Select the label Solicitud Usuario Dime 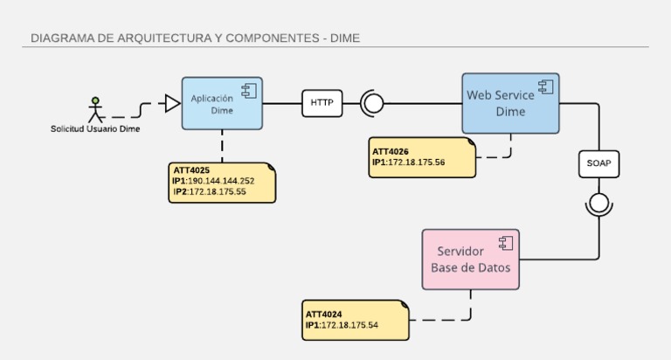95,129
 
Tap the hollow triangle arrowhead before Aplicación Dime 172,104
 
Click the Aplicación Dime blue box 221,103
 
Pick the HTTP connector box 322,103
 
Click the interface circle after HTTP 373,104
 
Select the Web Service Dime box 510,103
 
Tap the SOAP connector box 598,163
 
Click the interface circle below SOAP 598,204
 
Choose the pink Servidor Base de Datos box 470,259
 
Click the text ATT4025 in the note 190,170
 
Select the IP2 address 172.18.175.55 218,191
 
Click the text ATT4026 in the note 390,151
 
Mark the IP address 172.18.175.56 416,162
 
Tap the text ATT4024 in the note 323,314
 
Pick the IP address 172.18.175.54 349,325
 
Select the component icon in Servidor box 505,242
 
